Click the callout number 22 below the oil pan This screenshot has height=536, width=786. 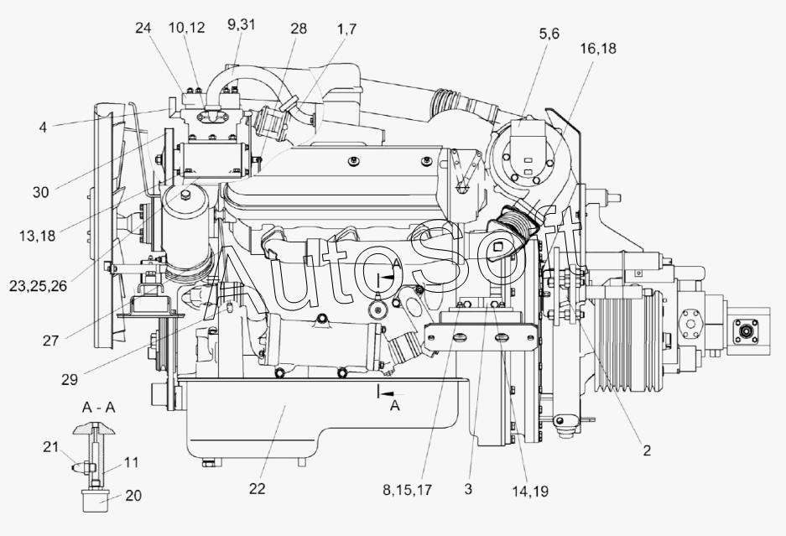[257, 488]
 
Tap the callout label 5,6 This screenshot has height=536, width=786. [549, 34]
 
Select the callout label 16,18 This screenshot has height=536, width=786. [598, 49]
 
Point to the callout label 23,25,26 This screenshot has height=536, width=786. [38, 286]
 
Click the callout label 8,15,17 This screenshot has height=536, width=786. [407, 490]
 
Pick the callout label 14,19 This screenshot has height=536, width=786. [530, 492]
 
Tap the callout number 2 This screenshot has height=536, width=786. [647, 450]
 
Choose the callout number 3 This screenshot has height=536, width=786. [468, 489]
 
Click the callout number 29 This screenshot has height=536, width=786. [70, 380]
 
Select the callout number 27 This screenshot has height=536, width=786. [50, 341]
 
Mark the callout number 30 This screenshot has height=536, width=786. [41, 192]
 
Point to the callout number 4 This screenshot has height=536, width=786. [43, 127]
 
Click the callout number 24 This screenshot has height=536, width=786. [143, 28]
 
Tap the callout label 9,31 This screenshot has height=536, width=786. [241, 24]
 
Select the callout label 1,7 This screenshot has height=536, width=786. [347, 29]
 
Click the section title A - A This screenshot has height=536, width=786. [99, 408]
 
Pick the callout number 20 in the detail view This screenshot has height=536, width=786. [133, 496]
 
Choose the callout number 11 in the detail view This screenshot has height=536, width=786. [132, 462]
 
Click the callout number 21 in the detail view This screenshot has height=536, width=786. [50, 447]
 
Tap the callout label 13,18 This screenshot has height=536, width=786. [37, 235]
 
